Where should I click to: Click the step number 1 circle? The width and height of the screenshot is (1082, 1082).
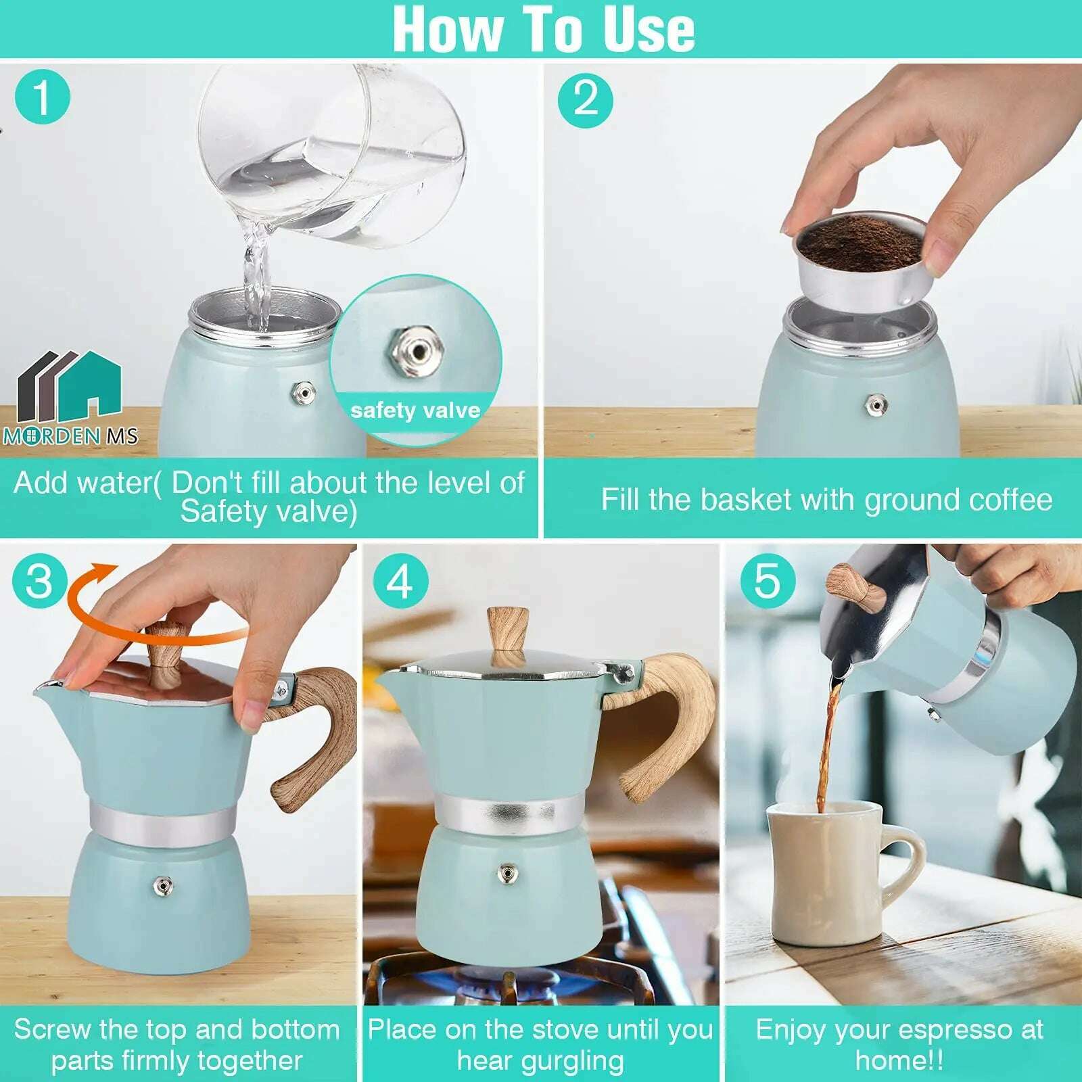tap(42, 98)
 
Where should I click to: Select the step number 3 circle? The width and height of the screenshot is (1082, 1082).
tap(40, 580)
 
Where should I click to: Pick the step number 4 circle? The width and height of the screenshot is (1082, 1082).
tap(400, 581)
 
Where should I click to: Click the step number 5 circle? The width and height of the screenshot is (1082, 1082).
tap(767, 580)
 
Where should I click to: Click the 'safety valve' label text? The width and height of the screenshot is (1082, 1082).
tap(415, 410)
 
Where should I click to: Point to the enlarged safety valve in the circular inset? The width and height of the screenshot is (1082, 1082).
tap(417, 351)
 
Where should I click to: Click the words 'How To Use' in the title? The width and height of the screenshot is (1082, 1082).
tap(543, 29)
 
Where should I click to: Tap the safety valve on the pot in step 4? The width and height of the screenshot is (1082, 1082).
tap(507, 873)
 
